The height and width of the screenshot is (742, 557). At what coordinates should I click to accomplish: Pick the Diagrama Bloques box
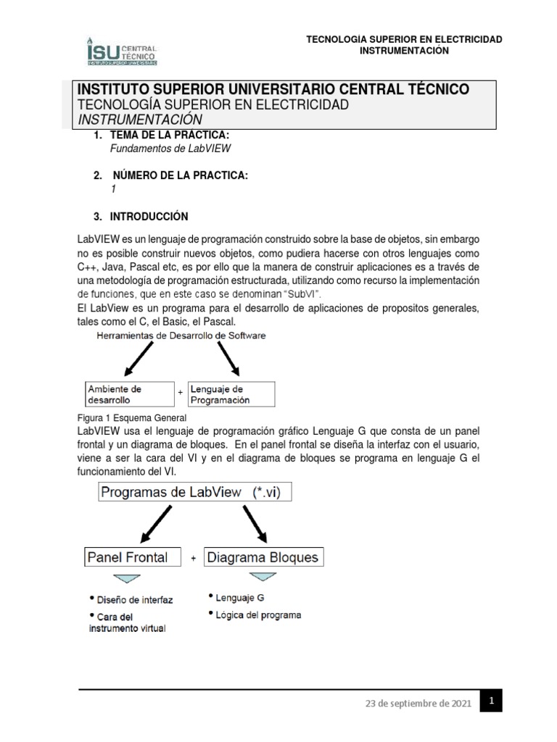[263, 557]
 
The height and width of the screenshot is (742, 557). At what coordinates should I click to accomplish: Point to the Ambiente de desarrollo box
[128, 393]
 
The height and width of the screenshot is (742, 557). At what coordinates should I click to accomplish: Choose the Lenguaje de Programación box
[231, 393]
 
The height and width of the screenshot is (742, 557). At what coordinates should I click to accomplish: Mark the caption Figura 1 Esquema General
[132, 418]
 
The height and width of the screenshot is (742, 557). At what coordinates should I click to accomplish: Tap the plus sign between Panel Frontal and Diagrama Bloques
[193, 559]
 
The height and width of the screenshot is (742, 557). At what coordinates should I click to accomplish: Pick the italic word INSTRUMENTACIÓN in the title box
[140, 120]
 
